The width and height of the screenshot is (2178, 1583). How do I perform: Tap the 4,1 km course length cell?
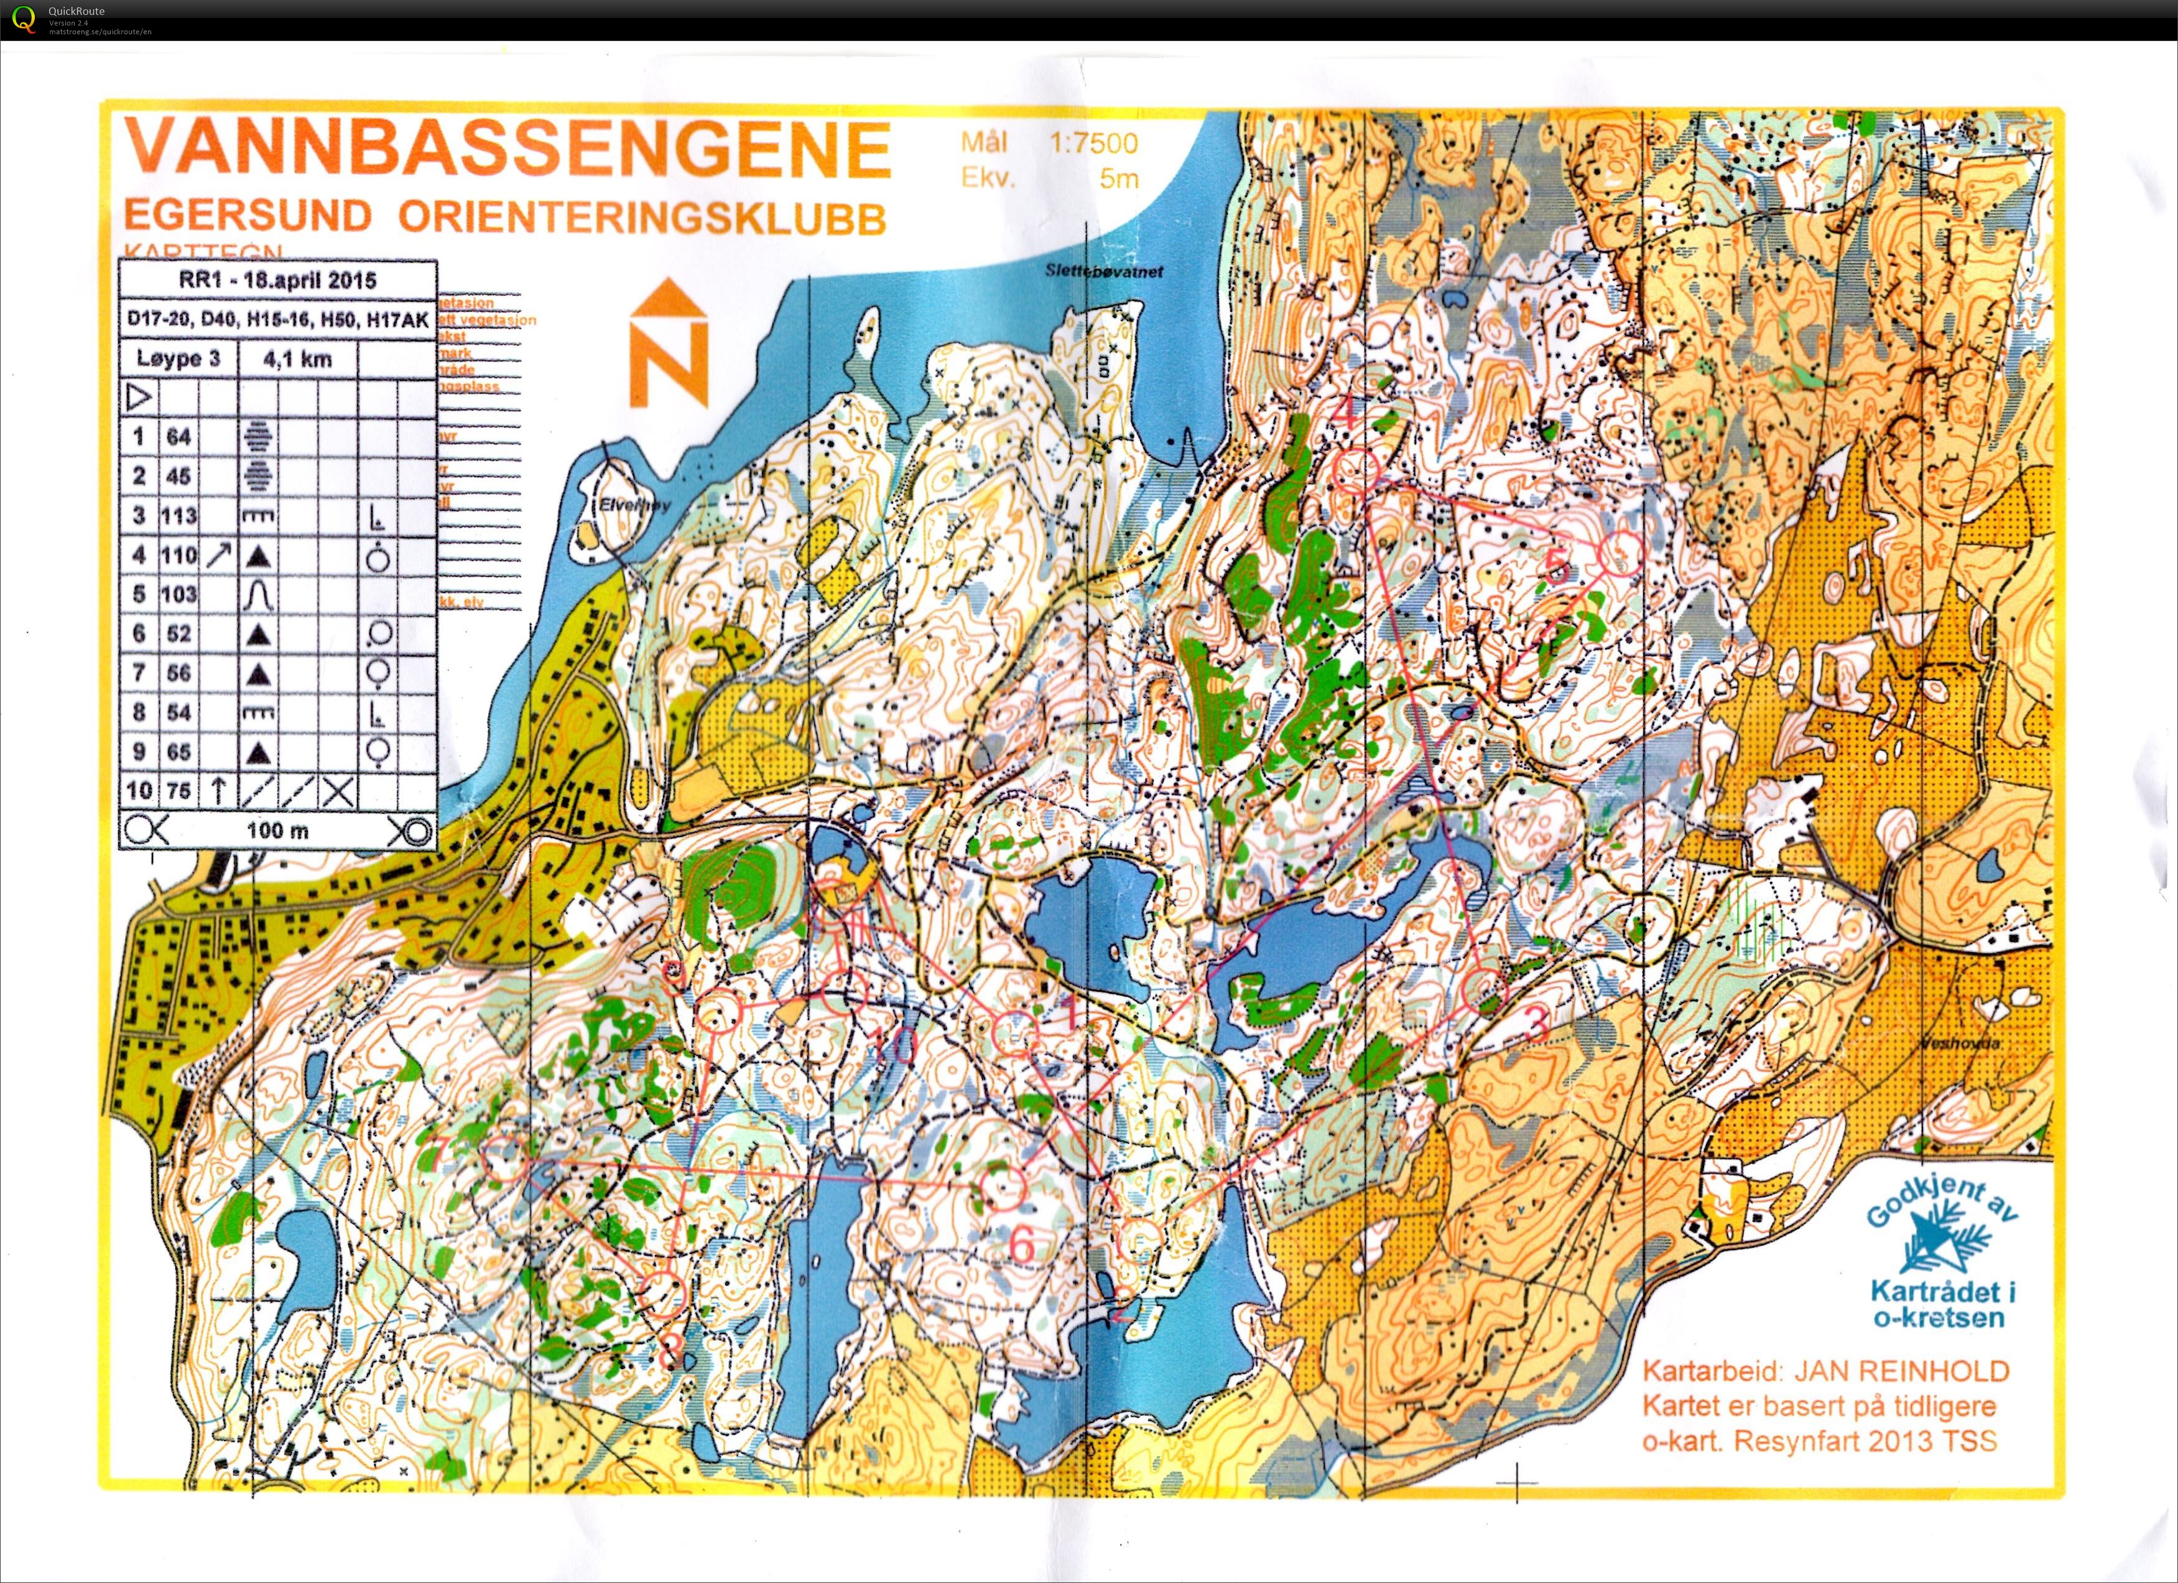point(298,359)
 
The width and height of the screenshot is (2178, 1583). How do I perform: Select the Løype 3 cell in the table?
point(178,359)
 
